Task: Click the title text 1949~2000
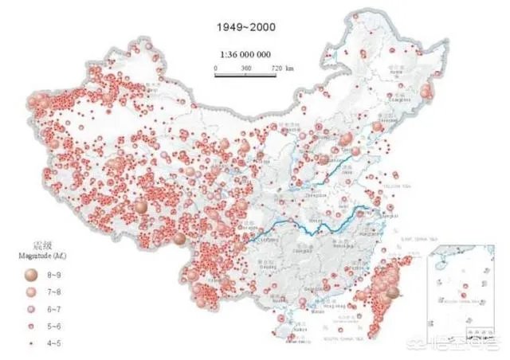pyautogui.click(x=246, y=26)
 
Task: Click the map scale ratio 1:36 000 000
pyautogui.click(x=245, y=57)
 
